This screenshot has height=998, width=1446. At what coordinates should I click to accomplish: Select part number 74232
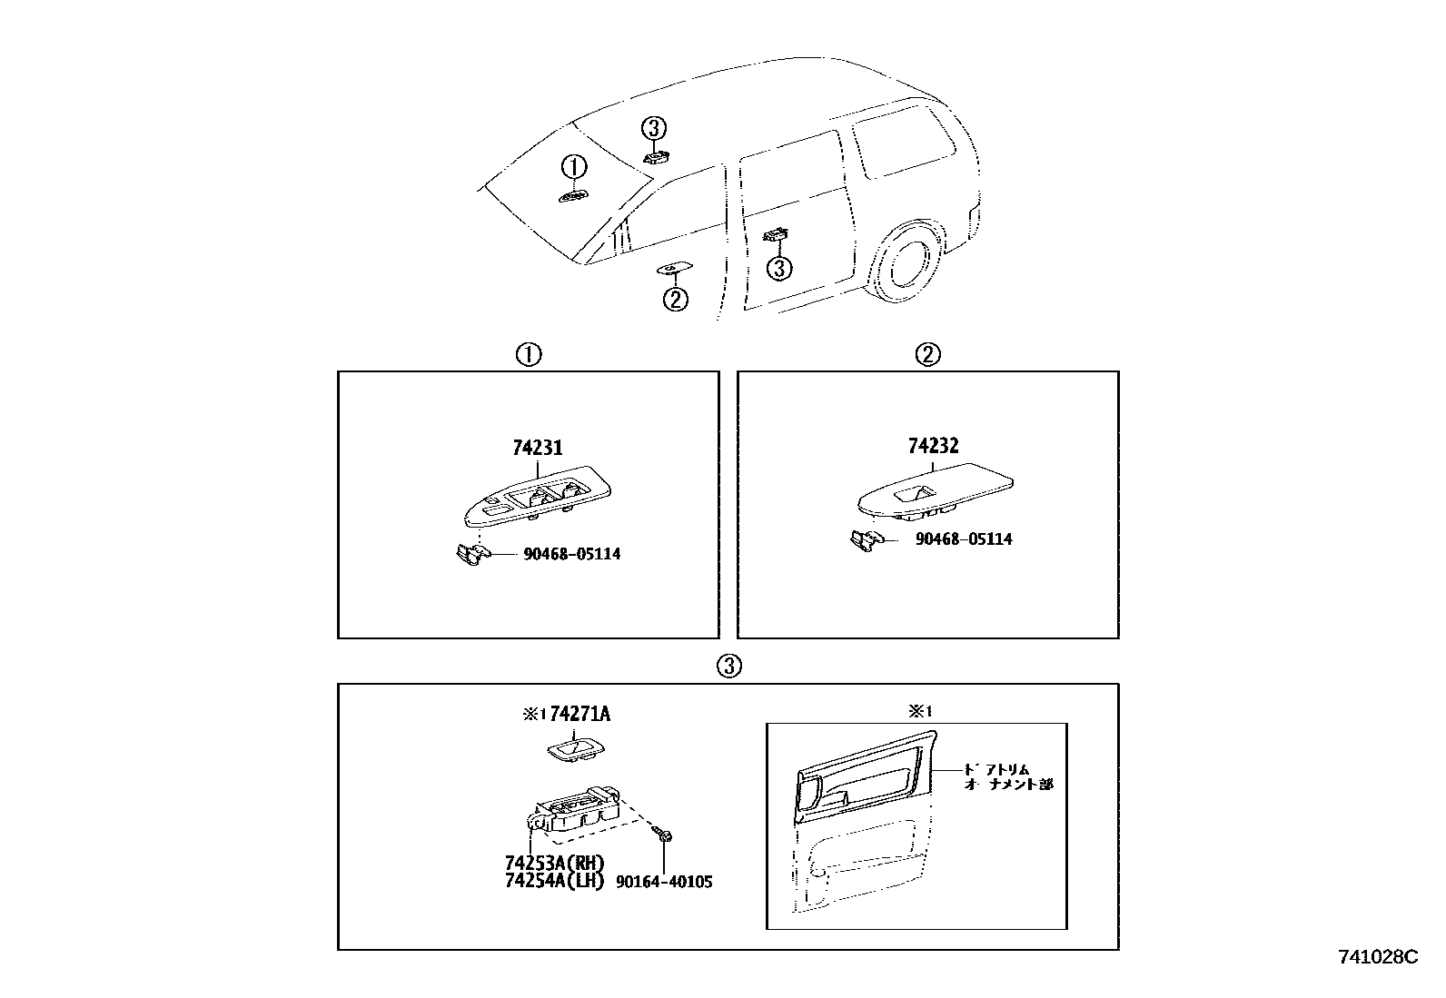[933, 446]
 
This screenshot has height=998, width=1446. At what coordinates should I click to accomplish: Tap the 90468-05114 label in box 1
[571, 554]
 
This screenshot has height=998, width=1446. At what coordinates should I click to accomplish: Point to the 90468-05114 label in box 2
[963, 539]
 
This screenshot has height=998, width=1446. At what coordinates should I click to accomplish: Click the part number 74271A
[579, 715]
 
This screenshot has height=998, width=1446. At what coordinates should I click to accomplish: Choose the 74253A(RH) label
[553, 863]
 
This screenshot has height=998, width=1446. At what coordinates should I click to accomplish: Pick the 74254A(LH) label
[553, 881]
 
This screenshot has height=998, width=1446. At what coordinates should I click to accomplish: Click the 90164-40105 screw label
[663, 882]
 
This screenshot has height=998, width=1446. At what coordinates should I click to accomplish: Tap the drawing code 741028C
[1377, 957]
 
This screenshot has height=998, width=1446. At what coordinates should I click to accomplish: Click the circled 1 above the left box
[529, 355]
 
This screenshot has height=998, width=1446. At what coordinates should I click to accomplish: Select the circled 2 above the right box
[927, 355]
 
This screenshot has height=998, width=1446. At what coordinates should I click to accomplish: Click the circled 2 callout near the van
[675, 299]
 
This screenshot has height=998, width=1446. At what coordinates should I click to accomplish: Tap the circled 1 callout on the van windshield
[573, 167]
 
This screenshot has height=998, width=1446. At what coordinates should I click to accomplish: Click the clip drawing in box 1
[470, 553]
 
